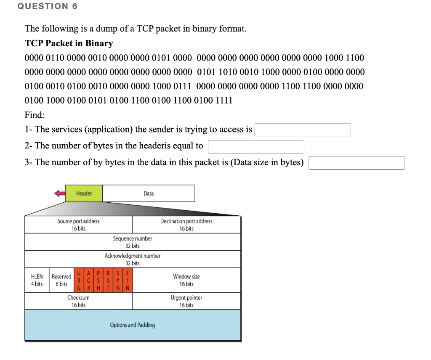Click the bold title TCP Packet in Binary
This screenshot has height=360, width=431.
(69, 43)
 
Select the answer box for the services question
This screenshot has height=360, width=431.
(303, 130)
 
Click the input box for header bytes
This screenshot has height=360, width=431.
(256, 146)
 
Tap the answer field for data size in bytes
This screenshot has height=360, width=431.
(357, 163)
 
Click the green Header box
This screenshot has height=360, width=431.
(84, 193)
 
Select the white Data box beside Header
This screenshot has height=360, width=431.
(149, 193)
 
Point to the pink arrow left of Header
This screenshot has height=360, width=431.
(60, 193)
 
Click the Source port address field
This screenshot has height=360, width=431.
(79, 225)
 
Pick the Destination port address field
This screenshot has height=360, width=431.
(186, 225)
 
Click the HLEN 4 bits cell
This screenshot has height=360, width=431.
(37, 280)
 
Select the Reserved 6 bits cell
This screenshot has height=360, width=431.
(61, 280)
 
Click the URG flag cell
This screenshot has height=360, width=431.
(79, 280)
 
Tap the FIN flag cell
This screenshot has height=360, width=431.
(129, 280)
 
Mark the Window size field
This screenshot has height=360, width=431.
(186, 280)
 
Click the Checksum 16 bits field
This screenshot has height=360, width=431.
(79, 301)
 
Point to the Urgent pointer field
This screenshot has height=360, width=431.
(186, 301)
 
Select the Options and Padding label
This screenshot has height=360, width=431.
(133, 325)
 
